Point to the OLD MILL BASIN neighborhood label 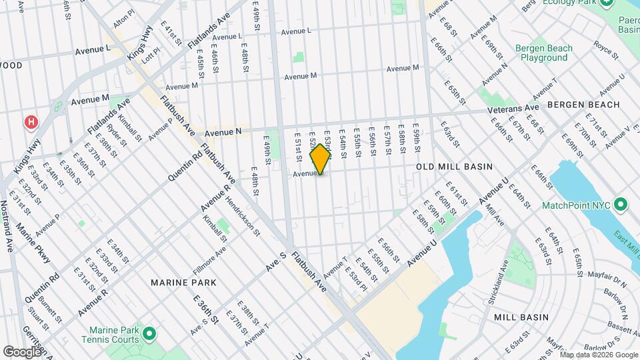(454, 167)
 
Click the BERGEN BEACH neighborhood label (583, 105)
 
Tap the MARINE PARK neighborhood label (183, 283)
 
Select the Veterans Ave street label (512, 108)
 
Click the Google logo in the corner (22, 351)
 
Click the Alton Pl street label (124, 23)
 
